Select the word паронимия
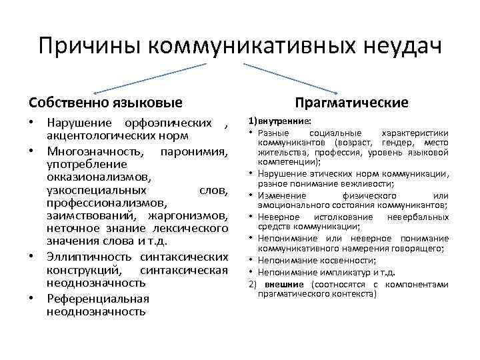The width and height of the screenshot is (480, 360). click(x=196, y=151)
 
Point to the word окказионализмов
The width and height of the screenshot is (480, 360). click(x=99, y=177)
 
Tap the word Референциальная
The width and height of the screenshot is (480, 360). click(x=97, y=298)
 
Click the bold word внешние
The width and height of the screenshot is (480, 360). click(x=283, y=283)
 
